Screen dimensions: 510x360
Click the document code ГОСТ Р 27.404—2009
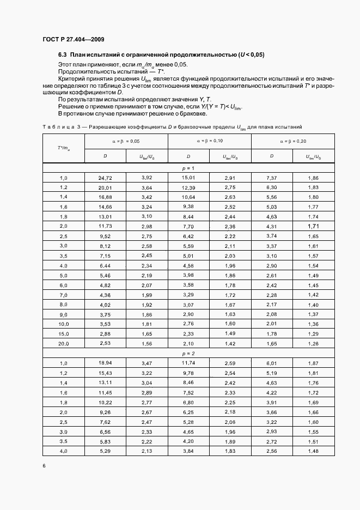[x=73, y=40]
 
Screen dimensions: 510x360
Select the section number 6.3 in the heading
[x=63, y=55]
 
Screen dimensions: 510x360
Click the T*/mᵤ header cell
[x=63, y=148]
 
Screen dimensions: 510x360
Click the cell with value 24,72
[x=105, y=178]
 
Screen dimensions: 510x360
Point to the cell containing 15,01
[x=188, y=178]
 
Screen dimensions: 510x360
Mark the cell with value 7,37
[x=272, y=178]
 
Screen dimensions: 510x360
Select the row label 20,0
[x=63, y=343]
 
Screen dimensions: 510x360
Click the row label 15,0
[x=63, y=333]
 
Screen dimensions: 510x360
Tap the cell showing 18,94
[x=105, y=362]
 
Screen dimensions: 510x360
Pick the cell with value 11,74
[x=188, y=362]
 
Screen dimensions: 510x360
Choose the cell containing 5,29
[x=105, y=451]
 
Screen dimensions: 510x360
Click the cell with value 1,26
[x=313, y=343]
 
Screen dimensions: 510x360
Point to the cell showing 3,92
[x=147, y=178]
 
